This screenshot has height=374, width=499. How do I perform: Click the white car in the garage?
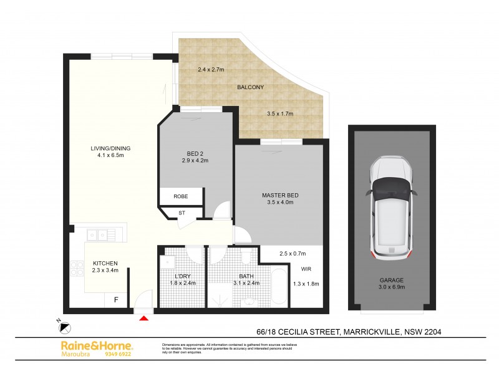coord(392,209)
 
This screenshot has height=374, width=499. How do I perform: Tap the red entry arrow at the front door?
coord(143,319)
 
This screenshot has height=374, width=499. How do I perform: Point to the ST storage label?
coord(182,213)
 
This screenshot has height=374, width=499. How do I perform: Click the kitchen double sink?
coord(97,235)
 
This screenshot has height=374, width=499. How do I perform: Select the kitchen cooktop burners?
coord(77,269)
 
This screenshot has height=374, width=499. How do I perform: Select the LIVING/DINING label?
coord(110,148)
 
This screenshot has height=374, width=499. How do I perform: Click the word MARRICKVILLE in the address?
coord(372,332)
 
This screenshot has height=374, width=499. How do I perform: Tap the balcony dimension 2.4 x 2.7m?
coord(210,70)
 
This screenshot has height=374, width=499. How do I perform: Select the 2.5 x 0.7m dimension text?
coord(293,254)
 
